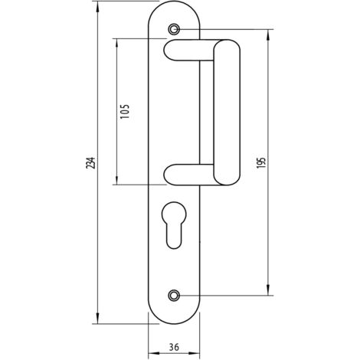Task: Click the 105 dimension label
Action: [125, 111]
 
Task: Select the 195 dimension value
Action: [261, 162]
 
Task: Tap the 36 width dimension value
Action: [174, 347]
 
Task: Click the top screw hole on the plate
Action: [174, 29]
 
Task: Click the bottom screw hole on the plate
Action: [174, 296]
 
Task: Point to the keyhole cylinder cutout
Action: [174, 225]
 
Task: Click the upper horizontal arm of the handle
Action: [188, 51]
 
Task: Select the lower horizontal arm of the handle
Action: [188, 175]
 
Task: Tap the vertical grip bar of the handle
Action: [227, 113]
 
